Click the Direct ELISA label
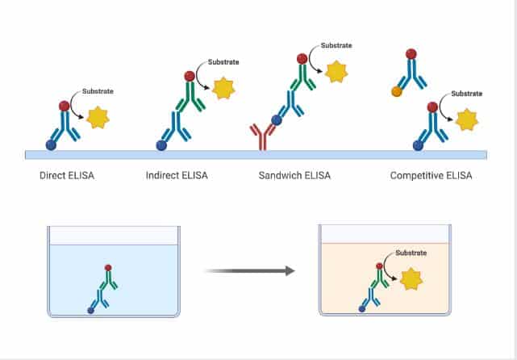(x=67, y=174)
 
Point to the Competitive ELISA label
(x=431, y=174)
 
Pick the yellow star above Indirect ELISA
(x=222, y=86)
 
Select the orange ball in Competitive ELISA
(x=397, y=92)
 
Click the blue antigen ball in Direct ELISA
(x=52, y=145)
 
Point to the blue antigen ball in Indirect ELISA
(x=161, y=145)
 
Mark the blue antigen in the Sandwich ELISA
(x=277, y=120)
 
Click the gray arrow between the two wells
(x=249, y=270)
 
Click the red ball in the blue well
(x=108, y=267)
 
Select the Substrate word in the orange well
(x=411, y=253)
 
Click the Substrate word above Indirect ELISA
(x=223, y=61)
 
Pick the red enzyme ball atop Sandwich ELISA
(x=301, y=58)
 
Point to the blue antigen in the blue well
(x=90, y=309)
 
